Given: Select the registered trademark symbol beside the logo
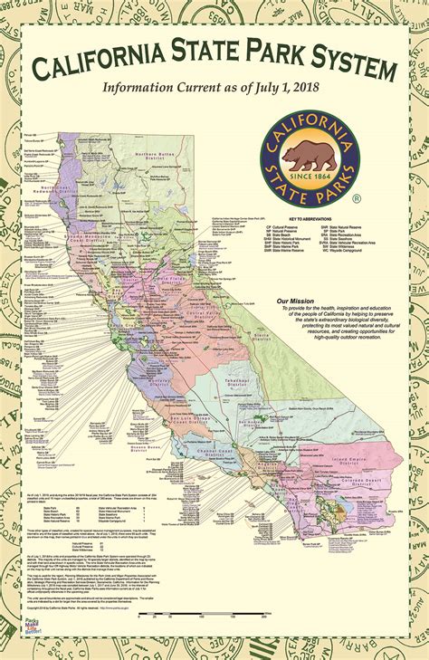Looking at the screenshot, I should click(x=357, y=197).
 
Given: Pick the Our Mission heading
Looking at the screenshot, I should click(x=295, y=275).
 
